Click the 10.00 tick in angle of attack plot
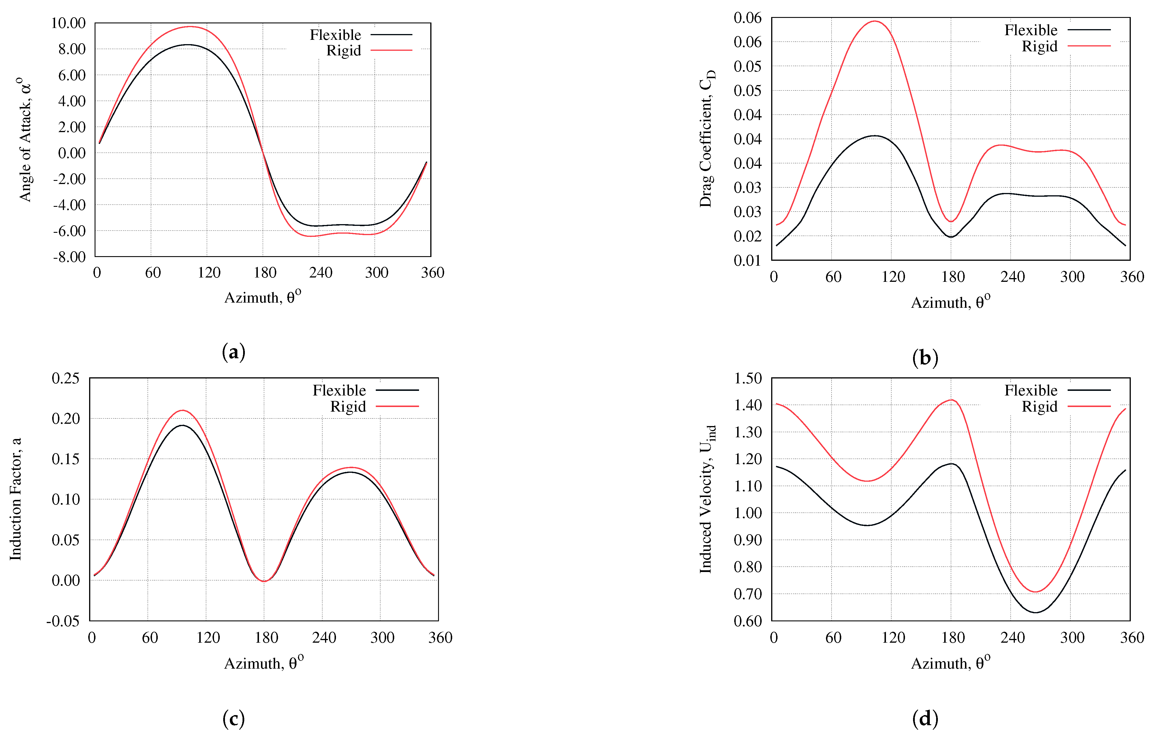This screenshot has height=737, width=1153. click(x=68, y=23)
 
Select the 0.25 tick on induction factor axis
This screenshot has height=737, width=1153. click(x=65, y=378)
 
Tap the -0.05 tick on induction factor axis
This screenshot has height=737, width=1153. click(x=63, y=621)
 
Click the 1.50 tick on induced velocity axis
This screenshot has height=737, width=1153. click(x=748, y=378)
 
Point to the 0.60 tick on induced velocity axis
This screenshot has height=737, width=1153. click(x=748, y=621)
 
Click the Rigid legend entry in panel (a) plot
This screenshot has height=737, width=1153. click(x=343, y=50)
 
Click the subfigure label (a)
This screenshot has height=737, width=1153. click(x=234, y=352)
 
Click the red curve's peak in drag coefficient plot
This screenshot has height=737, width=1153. click(x=874, y=21)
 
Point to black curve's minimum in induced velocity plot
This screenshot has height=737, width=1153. click(x=1036, y=612)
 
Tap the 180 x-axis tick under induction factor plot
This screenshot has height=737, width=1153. click(x=266, y=638)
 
